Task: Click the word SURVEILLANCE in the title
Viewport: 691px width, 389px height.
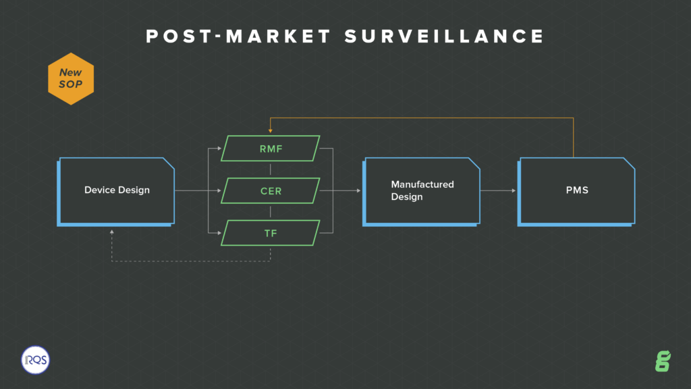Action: pos(444,36)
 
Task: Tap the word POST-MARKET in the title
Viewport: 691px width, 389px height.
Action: pos(238,36)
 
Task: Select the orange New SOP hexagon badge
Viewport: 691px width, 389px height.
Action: pos(71,79)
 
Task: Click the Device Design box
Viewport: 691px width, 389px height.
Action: pos(116,192)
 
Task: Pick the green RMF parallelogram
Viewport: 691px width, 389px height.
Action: pos(271,149)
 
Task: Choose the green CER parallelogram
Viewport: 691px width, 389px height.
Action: pos(271,191)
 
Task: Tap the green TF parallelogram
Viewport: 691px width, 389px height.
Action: pos(271,233)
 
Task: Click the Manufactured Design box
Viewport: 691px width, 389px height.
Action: pos(421,192)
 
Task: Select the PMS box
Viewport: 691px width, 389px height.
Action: pos(576,192)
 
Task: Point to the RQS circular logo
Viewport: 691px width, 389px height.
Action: pos(35,360)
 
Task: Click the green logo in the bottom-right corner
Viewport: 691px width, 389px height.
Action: pos(663,361)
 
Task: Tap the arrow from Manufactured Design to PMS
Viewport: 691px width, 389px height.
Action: pos(498,190)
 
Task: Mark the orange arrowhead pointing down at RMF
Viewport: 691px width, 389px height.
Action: pos(270,130)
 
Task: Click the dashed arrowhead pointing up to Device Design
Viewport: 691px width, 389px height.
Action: pos(112,232)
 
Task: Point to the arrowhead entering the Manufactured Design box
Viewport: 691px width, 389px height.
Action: pos(359,190)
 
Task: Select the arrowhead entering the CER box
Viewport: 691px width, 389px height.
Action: pos(219,190)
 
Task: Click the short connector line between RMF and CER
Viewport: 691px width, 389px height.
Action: pos(270,170)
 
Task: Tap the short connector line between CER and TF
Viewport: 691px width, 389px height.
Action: pos(270,211)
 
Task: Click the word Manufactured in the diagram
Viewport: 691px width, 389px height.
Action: pos(422,184)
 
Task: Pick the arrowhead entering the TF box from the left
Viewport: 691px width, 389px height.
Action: pos(219,233)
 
